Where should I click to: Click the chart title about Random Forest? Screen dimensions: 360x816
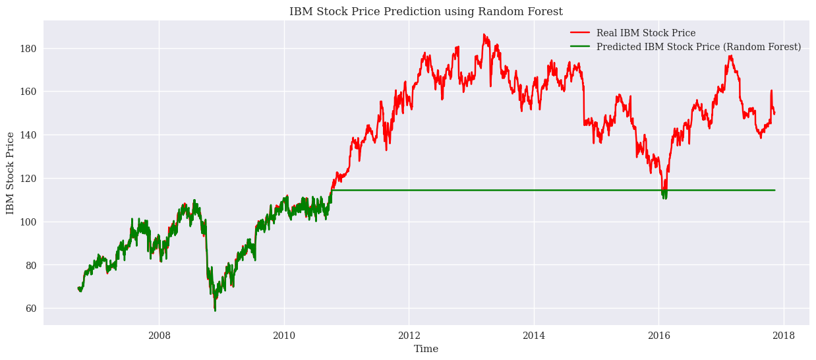point(426,11)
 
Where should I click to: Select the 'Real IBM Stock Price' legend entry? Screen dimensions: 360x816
point(645,33)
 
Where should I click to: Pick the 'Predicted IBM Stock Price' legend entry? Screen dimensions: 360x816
point(698,47)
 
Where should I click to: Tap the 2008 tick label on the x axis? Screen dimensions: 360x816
point(159,335)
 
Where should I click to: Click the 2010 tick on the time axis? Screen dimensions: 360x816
point(284,335)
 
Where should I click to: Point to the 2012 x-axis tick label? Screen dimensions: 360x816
point(409,335)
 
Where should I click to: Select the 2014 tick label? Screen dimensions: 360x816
point(534,335)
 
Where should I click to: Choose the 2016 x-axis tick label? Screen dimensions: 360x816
point(659,335)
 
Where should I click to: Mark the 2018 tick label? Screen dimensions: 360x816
point(784,335)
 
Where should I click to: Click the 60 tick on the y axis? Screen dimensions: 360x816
point(30,309)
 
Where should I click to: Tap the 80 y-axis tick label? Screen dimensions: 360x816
point(30,265)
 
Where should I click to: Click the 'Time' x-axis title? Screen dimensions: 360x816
point(426,349)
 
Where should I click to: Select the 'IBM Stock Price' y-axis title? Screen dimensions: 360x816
point(10,173)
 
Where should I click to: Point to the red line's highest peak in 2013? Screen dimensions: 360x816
point(483,34)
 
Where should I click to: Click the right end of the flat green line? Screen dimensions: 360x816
point(774,190)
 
